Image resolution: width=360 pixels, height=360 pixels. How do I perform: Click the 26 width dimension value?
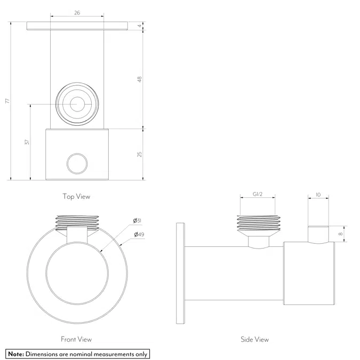(x=77, y=13)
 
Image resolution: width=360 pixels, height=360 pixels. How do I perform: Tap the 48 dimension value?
(x=139, y=79)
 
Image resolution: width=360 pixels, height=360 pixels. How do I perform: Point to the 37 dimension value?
(x=27, y=142)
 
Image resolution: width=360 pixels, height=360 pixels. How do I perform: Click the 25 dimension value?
(x=139, y=154)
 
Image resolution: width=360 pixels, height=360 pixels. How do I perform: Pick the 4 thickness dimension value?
(x=139, y=26)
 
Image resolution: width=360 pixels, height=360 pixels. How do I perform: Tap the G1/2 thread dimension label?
(x=258, y=195)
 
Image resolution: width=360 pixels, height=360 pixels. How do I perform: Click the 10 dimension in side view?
(x=318, y=195)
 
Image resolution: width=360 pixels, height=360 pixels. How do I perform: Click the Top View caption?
(x=76, y=196)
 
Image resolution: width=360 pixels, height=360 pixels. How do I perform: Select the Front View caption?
(x=76, y=339)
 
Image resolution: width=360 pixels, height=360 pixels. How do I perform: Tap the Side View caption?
(x=255, y=339)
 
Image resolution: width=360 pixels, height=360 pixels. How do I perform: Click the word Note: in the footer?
(x=16, y=354)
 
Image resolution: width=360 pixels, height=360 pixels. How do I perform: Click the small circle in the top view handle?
(x=77, y=163)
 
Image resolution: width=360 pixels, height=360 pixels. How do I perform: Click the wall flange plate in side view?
(x=180, y=273)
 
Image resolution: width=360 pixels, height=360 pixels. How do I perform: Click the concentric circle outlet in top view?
(x=77, y=104)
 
